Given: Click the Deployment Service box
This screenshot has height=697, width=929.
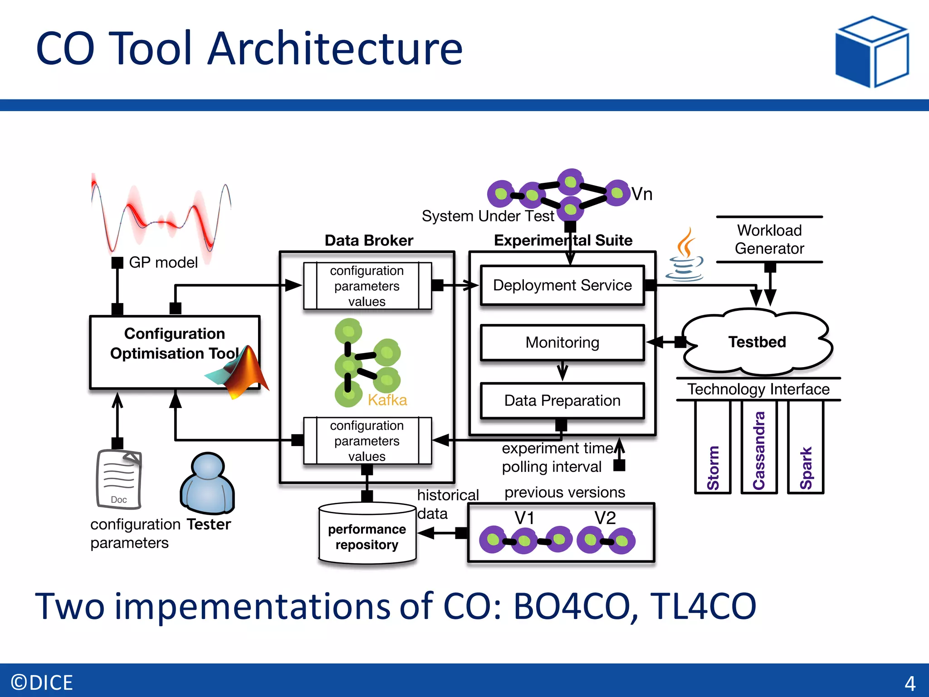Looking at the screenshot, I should pyautogui.click(x=562, y=285).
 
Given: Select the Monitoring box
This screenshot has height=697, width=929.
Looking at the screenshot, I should pyautogui.click(x=562, y=342).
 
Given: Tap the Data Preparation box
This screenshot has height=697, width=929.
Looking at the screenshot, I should pyautogui.click(x=562, y=400).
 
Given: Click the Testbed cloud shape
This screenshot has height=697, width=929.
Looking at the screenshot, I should pyautogui.click(x=757, y=342).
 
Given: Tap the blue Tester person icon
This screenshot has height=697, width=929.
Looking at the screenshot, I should pyautogui.click(x=207, y=483).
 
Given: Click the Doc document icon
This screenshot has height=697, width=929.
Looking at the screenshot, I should pyautogui.click(x=119, y=479).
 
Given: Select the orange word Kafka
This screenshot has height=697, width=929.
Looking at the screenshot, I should pyautogui.click(x=387, y=400).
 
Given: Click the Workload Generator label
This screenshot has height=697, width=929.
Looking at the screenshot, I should pyautogui.click(x=769, y=239).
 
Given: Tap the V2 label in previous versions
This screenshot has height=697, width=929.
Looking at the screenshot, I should pyautogui.click(x=605, y=518).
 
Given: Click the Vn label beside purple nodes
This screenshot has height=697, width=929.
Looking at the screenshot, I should pyautogui.click(x=642, y=194).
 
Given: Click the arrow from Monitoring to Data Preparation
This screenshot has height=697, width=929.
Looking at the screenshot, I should pyautogui.click(x=562, y=371).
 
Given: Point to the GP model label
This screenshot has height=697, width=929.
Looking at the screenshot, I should pyautogui.click(x=163, y=262).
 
